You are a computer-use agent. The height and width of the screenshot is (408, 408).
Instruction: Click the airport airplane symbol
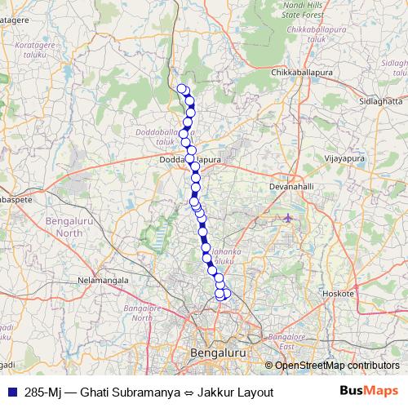coord(289,218)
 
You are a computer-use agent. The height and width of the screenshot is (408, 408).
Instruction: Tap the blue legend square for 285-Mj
coord(12,392)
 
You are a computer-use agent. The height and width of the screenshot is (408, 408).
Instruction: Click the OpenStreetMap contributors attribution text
coord(336,366)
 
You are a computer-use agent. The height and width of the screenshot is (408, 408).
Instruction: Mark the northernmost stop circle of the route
coord(182,88)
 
